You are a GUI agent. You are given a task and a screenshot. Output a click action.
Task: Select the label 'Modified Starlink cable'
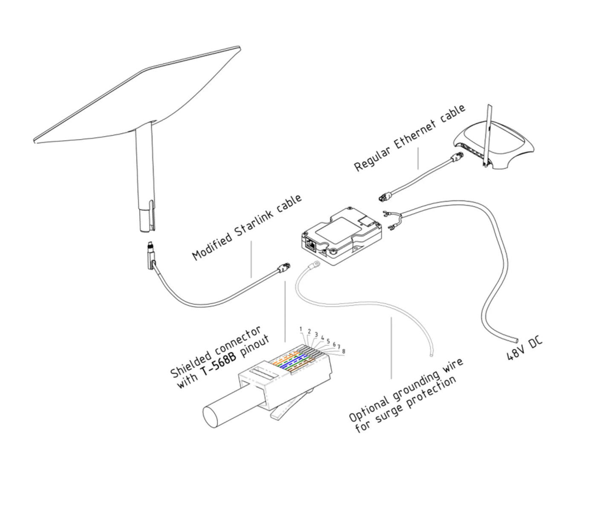pos(247,228)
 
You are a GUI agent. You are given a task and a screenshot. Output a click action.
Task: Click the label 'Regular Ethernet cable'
pos(410,139)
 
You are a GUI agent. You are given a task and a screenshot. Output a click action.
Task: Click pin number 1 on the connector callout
pos(301,329)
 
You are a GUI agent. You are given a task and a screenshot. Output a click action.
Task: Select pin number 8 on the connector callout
pos(344,351)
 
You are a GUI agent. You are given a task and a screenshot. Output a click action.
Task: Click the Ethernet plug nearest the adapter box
pos(384,197)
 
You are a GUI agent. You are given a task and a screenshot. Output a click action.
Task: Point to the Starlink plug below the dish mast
pos(150,256)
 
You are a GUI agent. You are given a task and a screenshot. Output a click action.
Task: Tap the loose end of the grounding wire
pos(432,353)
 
